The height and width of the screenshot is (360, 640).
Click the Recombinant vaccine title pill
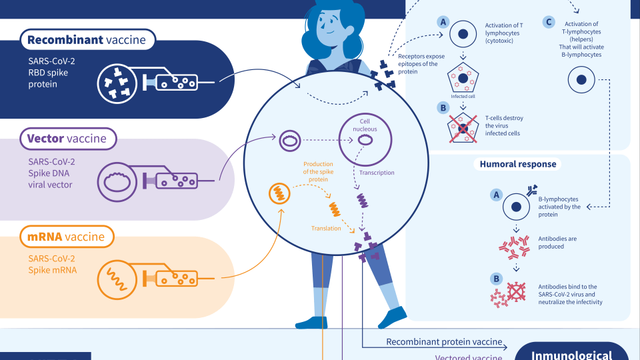pyautogui.click(x=87, y=40)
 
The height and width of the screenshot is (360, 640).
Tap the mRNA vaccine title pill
pyautogui.click(x=66, y=237)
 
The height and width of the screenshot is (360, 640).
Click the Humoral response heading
pyautogui.click(x=518, y=164)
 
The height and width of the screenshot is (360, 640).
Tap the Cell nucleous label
pyautogui.click(x=365, y=125)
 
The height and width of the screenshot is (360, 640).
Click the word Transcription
pyautogui.click(x=377, y=173)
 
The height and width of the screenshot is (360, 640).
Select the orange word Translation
pyautogui.click(x=326, y=229)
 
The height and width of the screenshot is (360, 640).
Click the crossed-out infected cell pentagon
pyautogui.click(x=461, y=128)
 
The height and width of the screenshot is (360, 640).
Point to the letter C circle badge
pyautogui.click(x=549, y=22)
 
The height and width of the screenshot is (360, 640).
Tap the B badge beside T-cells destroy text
pyautogui.click(x=441, y=107)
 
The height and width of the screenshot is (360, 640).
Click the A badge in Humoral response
pyautogui.click(x=495, y=195)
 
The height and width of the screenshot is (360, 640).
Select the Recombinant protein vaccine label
pyautogui.click(x=444, y=342)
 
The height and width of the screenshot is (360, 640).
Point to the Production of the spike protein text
pyautogui.click(x=318, y=171)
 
